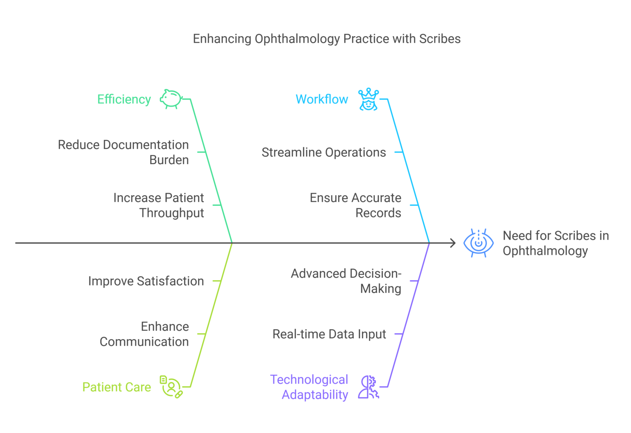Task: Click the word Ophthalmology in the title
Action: coord(297,39)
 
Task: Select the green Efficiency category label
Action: coord(124,100)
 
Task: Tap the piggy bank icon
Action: coord(171,99)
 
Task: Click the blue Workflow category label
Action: coord(322,99)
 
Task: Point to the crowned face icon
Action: coord(368,99)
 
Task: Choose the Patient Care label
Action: coord(117,387)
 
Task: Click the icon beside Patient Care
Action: coord(171,387)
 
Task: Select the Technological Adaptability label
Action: coord(309,387)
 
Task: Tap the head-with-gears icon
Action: coord(368,387)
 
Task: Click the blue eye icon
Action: coord(478,243)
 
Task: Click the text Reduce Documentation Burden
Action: coord(123,153)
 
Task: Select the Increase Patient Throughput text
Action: coord(159,205)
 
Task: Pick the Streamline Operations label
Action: coord(324,153)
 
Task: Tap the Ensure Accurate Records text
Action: coord(355,205)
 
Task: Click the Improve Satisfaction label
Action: coord(146,281)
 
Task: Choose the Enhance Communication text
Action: coord(144,334)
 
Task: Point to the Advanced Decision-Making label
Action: coord(346,281)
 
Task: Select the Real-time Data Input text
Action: coord(329,334)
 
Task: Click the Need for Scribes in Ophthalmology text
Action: coord(556,243)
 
